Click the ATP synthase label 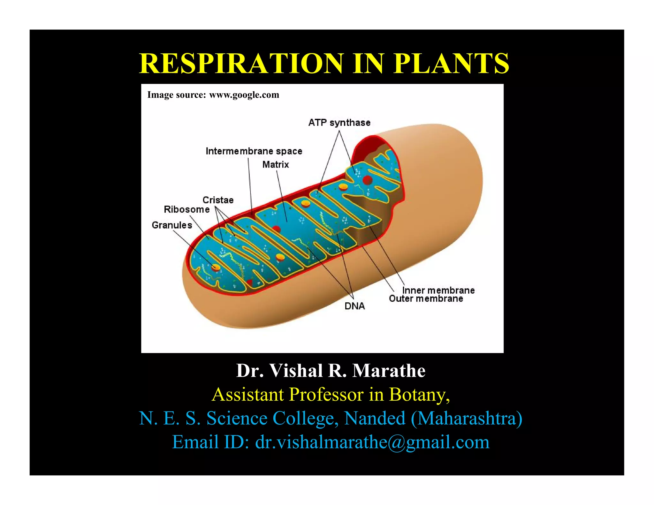click(339, 123)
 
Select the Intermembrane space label click(254, 151)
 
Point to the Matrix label click(276, 165)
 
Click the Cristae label click(218, 200)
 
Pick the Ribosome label click(187, 209)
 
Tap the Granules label click(172, 225)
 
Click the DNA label click(354, 306)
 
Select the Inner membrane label click(438, 290)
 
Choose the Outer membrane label click(426, 299)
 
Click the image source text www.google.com click(244, 95)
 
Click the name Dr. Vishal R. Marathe click(331, 371)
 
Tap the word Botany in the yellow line click(419, 395)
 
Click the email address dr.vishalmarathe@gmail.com click(372, 442)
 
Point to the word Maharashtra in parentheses click(466, 418)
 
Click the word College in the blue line click(305, 418)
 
